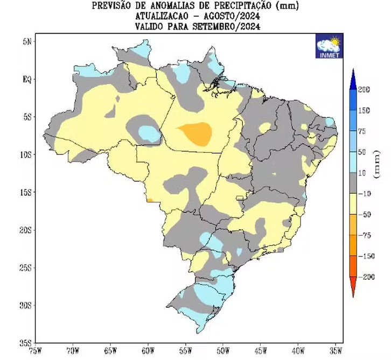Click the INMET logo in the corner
coord(327,47)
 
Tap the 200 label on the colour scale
coord(364,89)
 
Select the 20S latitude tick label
coord(26,230)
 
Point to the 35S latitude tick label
coord(26,342)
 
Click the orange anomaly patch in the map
coord(197,133)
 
